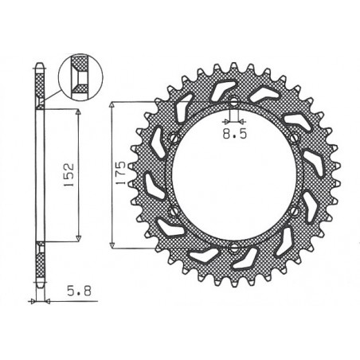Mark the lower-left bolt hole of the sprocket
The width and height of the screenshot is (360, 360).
pos(173,212)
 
